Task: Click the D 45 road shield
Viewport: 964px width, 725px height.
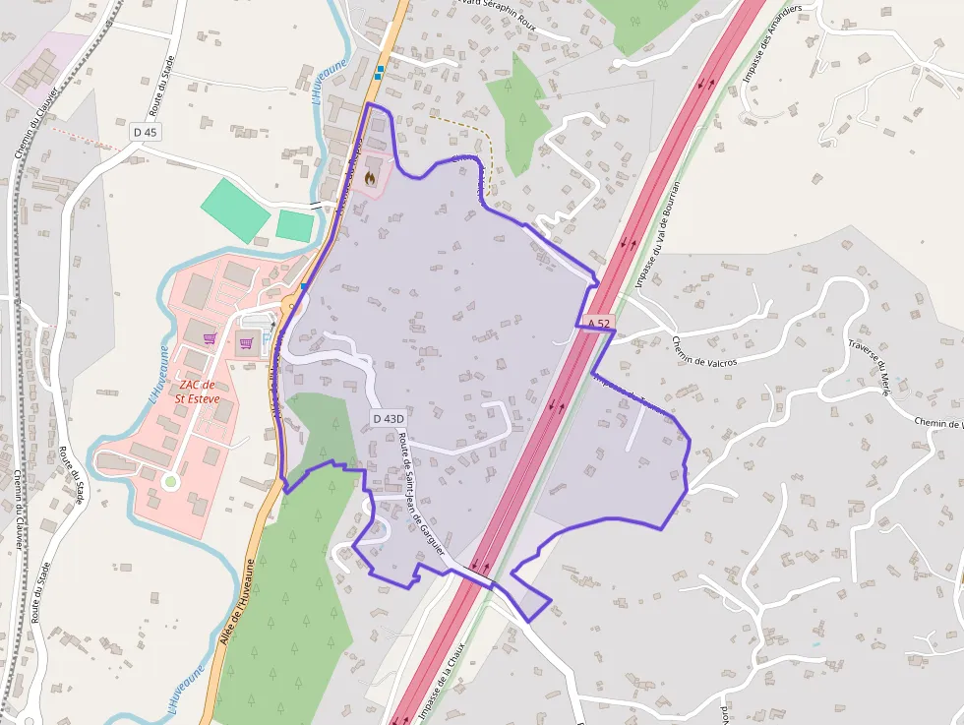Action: tap(145, 132)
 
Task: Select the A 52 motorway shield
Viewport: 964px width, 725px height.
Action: tap(600, 323)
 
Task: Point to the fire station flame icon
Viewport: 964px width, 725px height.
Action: tap(370, 178)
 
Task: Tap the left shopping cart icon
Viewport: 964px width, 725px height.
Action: tap(210, 338)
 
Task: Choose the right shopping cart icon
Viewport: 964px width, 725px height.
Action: tap(246, 343)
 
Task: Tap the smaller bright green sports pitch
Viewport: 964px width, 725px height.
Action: tap(294, 226)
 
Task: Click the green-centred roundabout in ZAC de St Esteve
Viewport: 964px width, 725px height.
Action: tap(170, 482)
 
